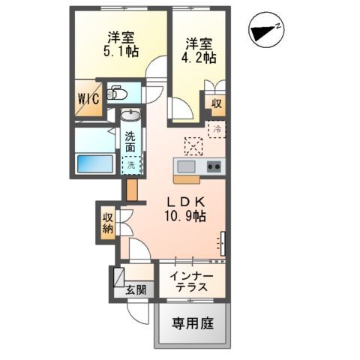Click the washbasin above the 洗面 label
130,116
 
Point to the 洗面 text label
131,142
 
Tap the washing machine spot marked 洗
131,164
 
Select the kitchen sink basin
186,166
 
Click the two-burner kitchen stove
212,166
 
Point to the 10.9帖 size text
187,216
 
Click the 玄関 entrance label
136,289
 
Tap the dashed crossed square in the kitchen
191,145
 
